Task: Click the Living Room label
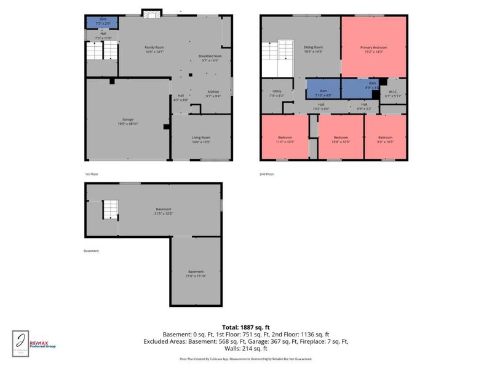[201, 140]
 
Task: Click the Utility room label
[277, 93]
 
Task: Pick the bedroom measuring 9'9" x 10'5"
[385, 139]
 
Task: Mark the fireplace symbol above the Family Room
[151, 13]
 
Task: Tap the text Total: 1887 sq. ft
[246, 327]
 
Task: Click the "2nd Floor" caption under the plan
[266, 174]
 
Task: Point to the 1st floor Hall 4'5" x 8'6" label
[181, 97]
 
